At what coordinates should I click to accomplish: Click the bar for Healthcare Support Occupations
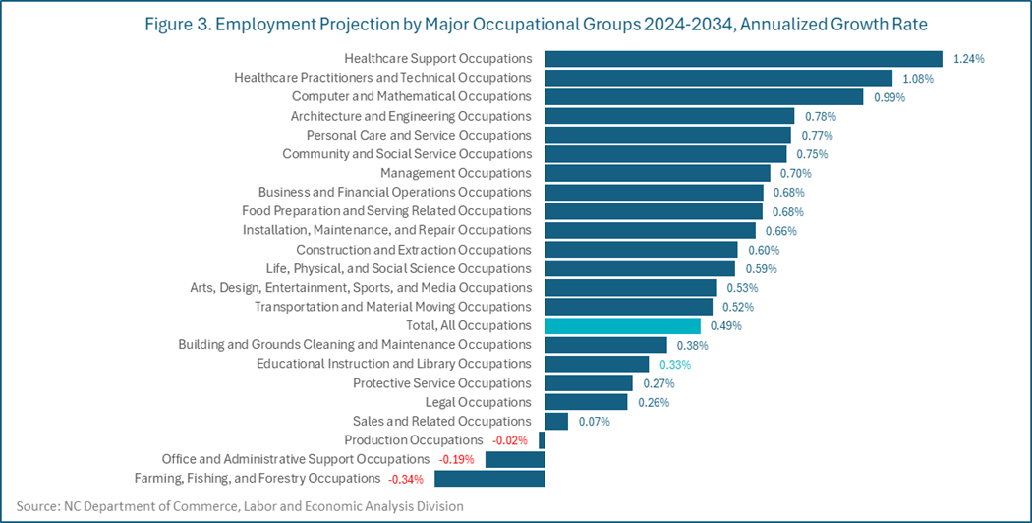click(x=743, y=59)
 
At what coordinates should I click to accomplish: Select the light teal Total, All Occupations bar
click(x=622, y=325)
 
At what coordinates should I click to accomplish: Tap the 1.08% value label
click(x=920, y=78)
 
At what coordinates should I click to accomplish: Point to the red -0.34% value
click(x=406, y=479)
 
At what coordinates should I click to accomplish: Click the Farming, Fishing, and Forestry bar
click(x=489, y=479)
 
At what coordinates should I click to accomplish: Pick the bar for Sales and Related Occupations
click(x=556, y=421)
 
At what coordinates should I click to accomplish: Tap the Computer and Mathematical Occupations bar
click(x=704, y=96)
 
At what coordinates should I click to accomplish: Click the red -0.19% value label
click(x=456, y=459)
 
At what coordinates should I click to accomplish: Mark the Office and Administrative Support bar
click(x=515, y=459)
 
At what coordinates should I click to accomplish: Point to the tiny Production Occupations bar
click(x=542, y=440)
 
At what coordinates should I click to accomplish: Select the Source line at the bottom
click(x=232, y=506)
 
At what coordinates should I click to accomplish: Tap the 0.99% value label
click(x=889, y=97)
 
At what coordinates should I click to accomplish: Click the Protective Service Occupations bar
click(x=589, y=382)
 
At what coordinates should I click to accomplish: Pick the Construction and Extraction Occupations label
click(x=414, y=250)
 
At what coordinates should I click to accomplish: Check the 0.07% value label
click(x=594, y=422)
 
